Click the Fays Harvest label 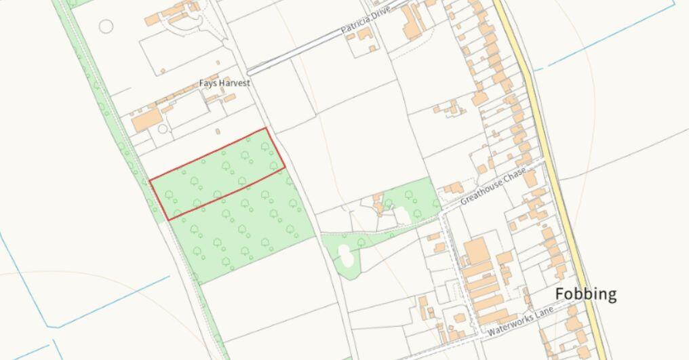click(224, 83)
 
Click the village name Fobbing click(586, 294)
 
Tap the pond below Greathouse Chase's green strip click(344, 256)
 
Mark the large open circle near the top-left click(106, 26)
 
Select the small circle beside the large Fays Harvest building click(163, 129)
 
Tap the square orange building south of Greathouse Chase click(477, 251)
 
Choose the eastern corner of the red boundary click(284, 169)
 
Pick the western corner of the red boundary click(150, 179)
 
